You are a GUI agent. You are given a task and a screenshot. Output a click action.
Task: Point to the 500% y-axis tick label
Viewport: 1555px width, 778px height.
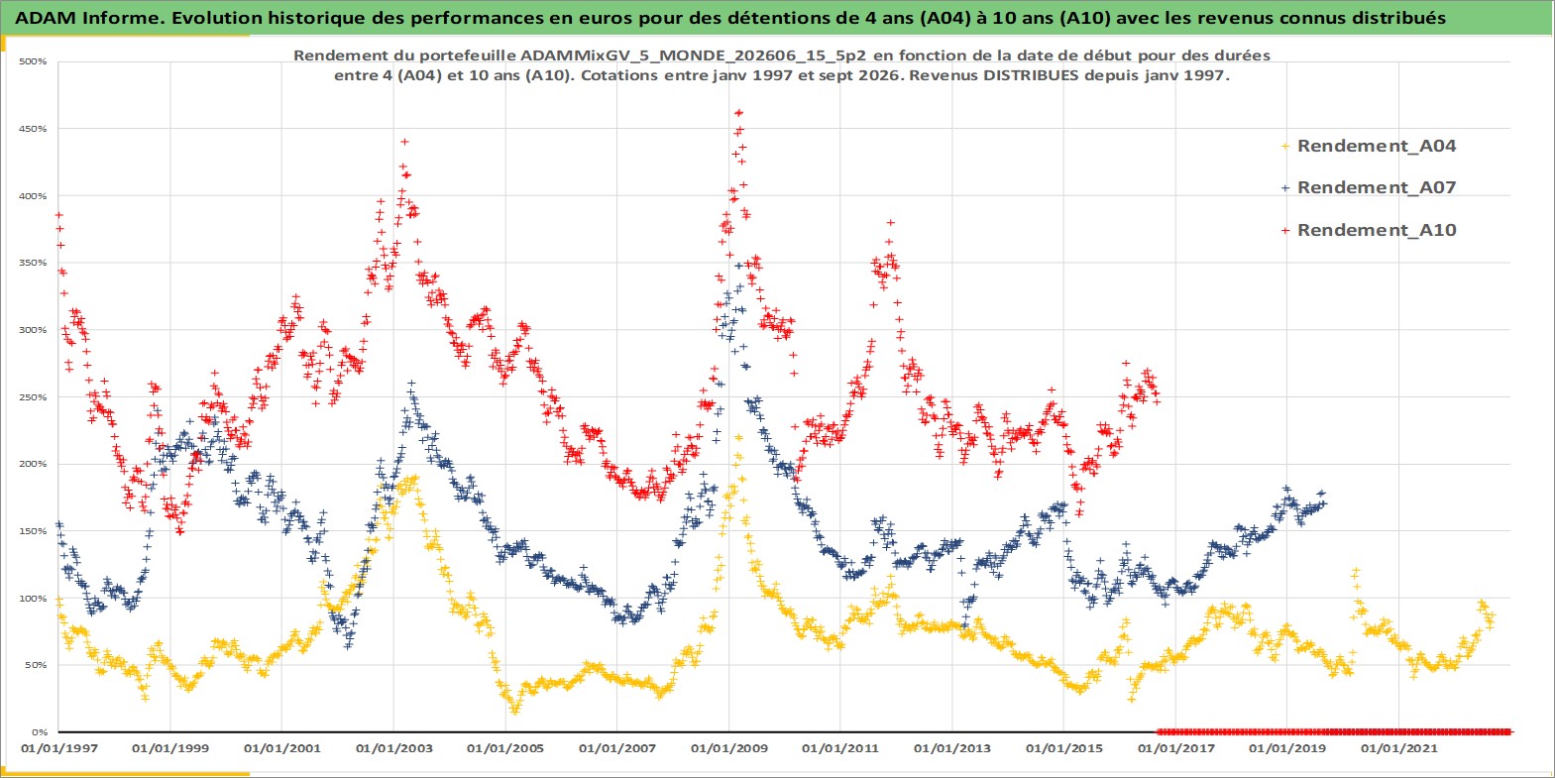pos(33,61)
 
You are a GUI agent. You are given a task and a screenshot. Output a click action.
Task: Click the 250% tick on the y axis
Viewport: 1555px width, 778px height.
pos(33,397)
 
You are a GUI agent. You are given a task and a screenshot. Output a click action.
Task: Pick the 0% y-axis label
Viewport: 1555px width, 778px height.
pos(39,732)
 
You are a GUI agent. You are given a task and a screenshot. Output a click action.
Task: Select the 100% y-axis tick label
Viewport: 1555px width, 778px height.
pos(33,599)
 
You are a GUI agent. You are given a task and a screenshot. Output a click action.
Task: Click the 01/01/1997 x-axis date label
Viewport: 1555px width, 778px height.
pos(59,749)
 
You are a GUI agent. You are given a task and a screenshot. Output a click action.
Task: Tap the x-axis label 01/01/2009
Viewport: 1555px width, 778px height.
pos(728,749)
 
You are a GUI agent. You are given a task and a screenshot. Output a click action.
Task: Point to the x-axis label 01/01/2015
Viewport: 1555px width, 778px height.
pos(1064,749)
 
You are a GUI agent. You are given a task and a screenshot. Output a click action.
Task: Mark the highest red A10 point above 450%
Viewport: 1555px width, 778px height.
pos(738,112)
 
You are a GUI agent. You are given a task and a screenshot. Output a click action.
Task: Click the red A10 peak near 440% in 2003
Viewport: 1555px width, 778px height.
pos(404,142)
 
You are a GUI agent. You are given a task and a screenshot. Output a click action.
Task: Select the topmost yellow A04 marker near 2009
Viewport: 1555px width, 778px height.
pos(738,437)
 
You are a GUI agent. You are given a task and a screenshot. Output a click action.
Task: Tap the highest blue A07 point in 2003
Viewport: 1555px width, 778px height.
pos(411,384)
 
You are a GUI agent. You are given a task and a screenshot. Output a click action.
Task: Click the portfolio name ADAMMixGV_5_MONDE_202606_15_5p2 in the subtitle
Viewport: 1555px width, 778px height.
pos(693,56)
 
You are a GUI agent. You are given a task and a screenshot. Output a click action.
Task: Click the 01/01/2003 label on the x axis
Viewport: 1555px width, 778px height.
pos(393,749)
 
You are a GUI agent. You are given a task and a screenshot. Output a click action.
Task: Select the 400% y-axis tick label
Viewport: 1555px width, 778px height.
pos(33,195)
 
